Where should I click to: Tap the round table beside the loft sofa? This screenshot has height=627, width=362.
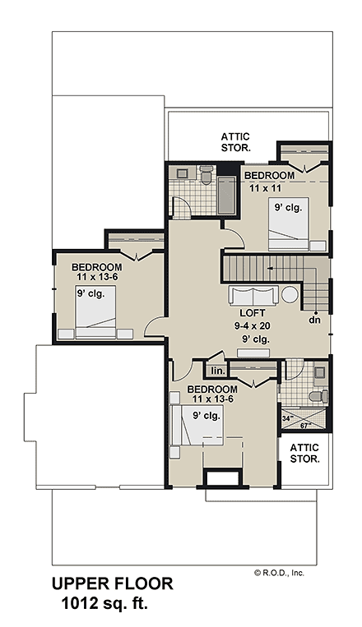[x=291, y=297]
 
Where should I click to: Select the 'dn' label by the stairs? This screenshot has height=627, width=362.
[x=313, y=320]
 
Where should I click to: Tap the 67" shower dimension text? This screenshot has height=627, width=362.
[x=304, y=426]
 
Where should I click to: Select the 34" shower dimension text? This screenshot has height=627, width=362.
[x=286, y=418]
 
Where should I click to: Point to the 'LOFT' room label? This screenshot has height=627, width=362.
[x=251, y=313]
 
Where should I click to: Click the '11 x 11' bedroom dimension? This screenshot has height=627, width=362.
[x=265, y=187]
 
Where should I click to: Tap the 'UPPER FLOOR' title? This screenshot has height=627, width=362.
[x=113, y=584]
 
